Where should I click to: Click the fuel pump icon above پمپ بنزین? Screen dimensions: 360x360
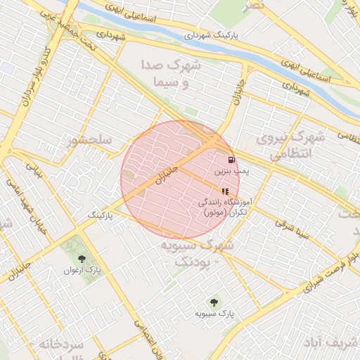point(231,160)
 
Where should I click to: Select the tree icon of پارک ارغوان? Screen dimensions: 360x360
point(81,259)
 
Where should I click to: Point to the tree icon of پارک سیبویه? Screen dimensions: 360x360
point(214,302)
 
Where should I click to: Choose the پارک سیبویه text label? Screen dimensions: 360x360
point(214,312)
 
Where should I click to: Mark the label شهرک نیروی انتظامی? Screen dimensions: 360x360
point(288,143)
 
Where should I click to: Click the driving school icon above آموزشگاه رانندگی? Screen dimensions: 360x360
point(224,191)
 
